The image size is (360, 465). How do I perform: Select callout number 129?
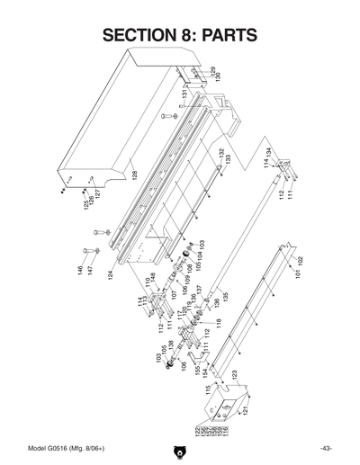(x=213, y=72)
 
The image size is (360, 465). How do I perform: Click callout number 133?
(x=229, y=159)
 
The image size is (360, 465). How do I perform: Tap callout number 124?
(x=111, y=267)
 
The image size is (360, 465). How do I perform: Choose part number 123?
(x=234, y=374)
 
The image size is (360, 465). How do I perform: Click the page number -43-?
(x=326, y=449)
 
